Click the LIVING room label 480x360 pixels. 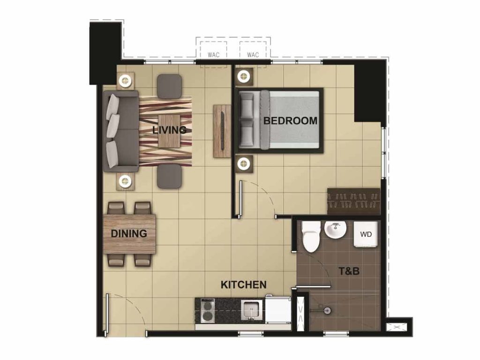click(169, 130)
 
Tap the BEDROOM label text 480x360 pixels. click(290, 120)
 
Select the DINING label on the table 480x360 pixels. click(129, 233)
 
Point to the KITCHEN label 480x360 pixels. click(244, 285)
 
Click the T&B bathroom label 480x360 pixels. click(349, 270)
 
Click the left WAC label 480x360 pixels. click(214, 55)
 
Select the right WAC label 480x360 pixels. click(253, 55)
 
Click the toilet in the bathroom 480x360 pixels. click(310, 237)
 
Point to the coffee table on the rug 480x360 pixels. click(168, 131)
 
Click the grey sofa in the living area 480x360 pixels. click(121, 131)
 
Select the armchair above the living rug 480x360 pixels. click(169, 86)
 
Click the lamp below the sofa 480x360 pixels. click(125, 180)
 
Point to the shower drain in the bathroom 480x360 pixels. click(327, 309)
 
